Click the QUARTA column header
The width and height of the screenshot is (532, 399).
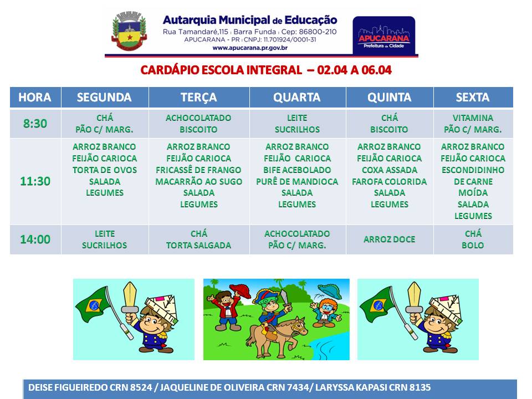[x=297, y=98]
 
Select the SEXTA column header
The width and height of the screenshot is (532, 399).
[x=473, y=98]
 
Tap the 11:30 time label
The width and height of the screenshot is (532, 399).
[x=35, y=181]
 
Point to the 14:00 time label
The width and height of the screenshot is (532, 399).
[x=35, y=239]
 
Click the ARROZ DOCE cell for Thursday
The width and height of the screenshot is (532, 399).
[x=389, y=239]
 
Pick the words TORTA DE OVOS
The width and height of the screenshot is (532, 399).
[x=105, y=170]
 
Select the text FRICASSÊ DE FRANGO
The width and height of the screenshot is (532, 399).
[x=198, y=170]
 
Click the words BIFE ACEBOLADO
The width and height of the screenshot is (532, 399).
[x=297, y=170]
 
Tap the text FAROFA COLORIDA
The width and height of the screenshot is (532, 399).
[x=389, y=181]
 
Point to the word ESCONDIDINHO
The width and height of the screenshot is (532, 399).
[x=473, y=170]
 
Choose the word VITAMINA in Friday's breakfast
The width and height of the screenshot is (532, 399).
[x=473, y=117]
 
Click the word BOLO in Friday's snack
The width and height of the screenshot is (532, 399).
[x=473, y=245]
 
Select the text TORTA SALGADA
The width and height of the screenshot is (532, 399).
[x=198, y=245]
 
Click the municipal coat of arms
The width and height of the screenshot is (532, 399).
[x=129, y=31]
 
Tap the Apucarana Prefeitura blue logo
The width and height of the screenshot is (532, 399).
[x=383, y=35]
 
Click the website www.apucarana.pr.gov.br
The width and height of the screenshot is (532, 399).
[x=250, y=48]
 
